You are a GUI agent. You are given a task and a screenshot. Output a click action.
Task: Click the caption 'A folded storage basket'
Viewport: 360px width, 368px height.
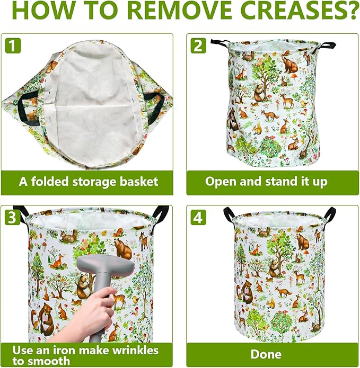[x=89, y=182]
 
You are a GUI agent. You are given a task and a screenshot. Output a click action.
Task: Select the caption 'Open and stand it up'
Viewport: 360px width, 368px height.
[x=266, y=182]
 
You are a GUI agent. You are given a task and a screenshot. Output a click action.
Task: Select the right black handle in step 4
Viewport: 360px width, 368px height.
[x=331, y=214]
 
